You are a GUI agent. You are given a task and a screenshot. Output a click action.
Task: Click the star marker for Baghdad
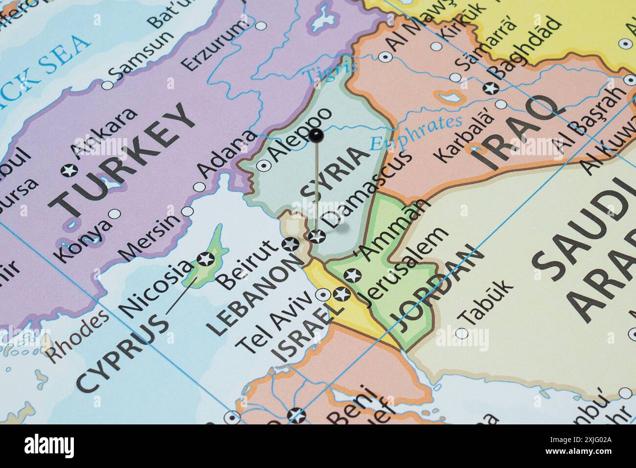[x=490, y=89]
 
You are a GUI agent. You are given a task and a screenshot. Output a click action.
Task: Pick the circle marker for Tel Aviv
[x=322, y=295]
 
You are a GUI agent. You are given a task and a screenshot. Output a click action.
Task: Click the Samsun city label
[x=142, y=56]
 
